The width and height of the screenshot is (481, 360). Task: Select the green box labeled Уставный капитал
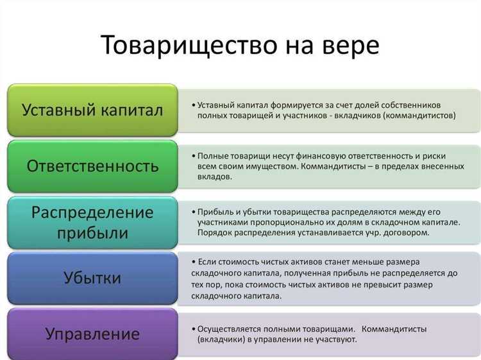[x=92, y=110]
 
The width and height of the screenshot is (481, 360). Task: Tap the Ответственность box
[x=92, y=166]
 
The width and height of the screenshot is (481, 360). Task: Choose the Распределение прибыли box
[x=92, y=221]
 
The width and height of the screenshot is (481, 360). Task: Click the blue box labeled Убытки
[x=92, y=278]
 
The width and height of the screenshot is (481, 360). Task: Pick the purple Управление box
[x=92, y=334]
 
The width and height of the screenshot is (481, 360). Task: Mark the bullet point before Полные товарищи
[x=194, y=156]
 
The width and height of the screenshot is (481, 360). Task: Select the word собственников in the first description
[x=416, y=105]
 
